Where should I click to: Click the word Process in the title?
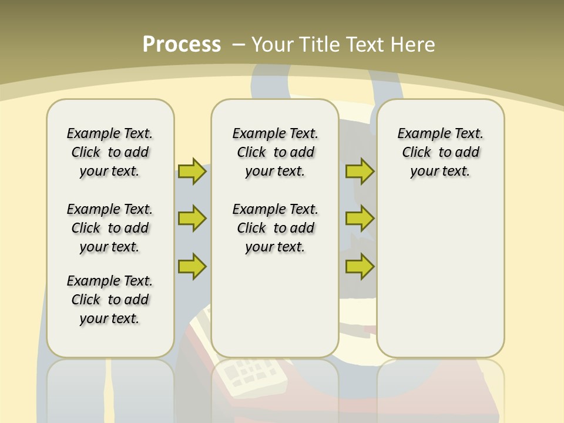182,45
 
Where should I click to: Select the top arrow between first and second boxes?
192,171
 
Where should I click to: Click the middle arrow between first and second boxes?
192,219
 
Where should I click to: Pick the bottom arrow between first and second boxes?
192,266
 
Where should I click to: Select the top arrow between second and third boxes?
360,171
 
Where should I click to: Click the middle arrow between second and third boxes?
360,219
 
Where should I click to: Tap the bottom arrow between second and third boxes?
360,266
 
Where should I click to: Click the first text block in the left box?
110,152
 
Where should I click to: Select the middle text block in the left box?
110,228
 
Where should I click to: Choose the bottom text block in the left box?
110,300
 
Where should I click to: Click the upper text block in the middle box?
275,152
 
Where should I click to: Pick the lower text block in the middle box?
275,228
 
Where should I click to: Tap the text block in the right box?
441,152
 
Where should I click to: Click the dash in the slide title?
239,45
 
